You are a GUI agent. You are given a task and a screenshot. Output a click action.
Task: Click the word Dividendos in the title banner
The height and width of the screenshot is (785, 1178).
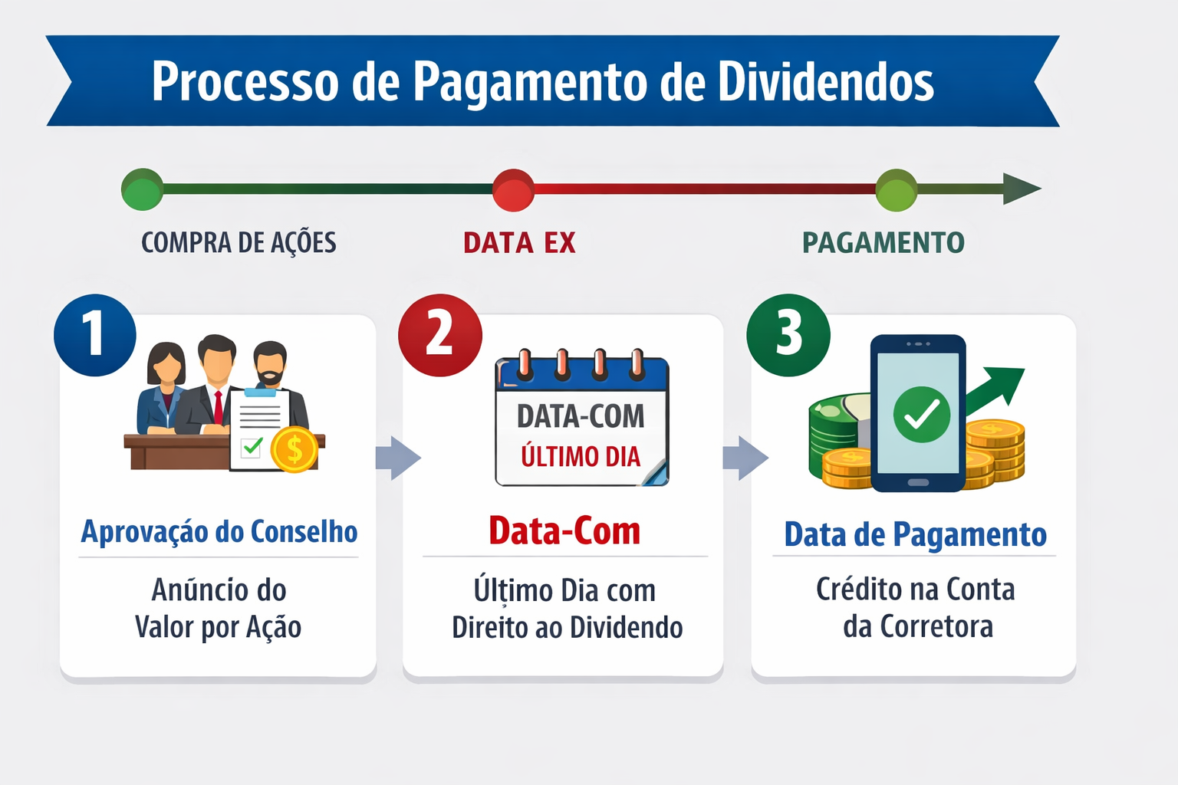coord(826,81)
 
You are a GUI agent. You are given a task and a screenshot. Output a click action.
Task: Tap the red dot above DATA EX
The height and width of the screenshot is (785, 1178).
coord(513,190)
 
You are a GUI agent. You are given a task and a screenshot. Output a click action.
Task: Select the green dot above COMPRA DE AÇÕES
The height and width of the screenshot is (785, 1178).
coord(142,189)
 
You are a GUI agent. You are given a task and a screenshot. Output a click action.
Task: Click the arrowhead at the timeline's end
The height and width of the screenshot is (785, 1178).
coord(1021,189)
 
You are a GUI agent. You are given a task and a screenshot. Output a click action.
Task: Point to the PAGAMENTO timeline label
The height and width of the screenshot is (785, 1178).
coord(883,243)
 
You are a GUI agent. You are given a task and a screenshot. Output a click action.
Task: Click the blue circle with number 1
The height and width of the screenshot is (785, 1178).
coord(94,335)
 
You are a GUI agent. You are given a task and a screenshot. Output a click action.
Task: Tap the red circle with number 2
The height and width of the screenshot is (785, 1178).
coord(439,335)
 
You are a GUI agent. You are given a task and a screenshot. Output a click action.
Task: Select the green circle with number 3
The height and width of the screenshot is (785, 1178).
coord(788,335)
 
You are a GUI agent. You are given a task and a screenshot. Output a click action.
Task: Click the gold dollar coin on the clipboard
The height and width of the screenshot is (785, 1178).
coord(294,449)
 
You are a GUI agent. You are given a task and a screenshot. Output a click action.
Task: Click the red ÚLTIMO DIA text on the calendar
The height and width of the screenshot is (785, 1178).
coord(581,457)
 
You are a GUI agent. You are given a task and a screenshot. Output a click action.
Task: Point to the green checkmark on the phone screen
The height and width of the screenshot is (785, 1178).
coord(921,415)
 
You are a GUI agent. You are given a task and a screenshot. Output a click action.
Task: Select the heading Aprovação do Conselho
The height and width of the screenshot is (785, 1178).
coord(219,532)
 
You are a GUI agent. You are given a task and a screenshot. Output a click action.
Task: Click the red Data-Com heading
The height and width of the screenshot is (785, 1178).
coord(564,531)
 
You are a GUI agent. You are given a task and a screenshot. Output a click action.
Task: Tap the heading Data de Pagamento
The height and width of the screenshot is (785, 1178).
coord(915,534)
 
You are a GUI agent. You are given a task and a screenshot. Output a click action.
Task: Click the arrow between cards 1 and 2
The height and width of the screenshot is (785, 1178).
coord(398,458)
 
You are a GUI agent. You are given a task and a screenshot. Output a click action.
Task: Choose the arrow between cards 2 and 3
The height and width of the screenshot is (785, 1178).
coord(745,458)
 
